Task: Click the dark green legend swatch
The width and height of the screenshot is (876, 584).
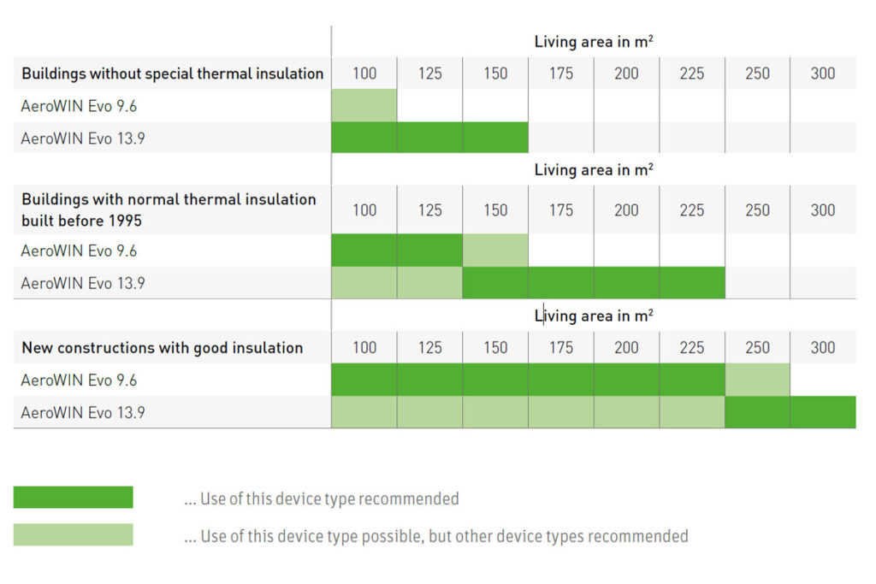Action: click(x=74, y=497)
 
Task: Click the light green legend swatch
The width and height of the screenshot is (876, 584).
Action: click(x=74, y=534)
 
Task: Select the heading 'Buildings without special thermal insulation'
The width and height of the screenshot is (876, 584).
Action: click(x=173, y=74)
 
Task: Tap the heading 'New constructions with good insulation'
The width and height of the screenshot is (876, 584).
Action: click(x=162, y=348)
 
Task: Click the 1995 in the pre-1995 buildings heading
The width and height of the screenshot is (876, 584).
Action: click(x=125, y=221)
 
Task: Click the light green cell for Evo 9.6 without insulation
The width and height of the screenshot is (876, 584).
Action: click(x=364, y=105)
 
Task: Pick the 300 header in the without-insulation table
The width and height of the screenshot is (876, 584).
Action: click(x=822, y=74)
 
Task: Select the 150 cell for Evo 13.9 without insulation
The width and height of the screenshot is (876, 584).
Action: click(x=495, y=138)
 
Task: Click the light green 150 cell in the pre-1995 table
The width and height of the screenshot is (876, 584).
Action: click(x=495, y=251)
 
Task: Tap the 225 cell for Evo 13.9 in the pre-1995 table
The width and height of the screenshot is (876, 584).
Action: click(x=692, y=282)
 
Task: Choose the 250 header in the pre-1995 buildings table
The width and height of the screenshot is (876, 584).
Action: click(x=757, y=210)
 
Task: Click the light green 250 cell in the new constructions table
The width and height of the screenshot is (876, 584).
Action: click(x=758, y=380)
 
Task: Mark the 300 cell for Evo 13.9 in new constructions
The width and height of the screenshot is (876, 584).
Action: click(x=823, y=412)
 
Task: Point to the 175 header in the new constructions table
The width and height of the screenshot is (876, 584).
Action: click(x=561, y=347)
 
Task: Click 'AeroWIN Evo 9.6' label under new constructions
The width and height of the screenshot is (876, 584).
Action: click(x=79, y=380)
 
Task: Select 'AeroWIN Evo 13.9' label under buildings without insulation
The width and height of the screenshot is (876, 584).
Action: click(x=83, y=139)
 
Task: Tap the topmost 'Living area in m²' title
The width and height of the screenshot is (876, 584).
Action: click(x=594, y=41)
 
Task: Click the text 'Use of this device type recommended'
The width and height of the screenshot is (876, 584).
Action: click(x=329, y=498)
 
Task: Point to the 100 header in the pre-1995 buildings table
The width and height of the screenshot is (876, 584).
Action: click(x=364, y=210)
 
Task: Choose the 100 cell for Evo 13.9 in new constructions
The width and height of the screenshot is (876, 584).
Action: click(x=364, y=412)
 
